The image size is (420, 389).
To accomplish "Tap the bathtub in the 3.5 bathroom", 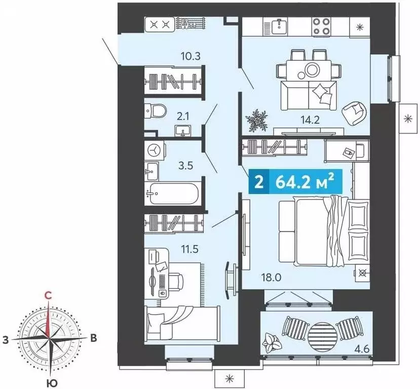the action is click(173, 193).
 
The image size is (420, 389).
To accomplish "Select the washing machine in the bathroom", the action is click(155, 151).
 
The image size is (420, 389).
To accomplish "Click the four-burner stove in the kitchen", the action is click(321, 26).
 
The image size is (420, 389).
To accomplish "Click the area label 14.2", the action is click(310, 120).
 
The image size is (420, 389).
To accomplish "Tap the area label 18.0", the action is click(272, 278).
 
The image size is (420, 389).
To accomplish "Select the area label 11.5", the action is click(189, 249).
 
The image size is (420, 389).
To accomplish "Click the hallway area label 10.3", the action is click(190, 57).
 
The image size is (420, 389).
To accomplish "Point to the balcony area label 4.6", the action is click(362, 349).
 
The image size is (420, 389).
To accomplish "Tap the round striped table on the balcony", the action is click(322, 335).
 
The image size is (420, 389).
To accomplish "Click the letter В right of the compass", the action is click(93, 338).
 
